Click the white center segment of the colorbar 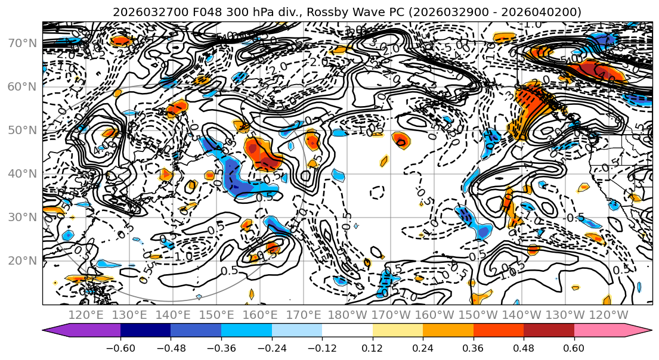[347, 331]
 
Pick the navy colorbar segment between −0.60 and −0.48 [146, 331]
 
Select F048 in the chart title [194, 12]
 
